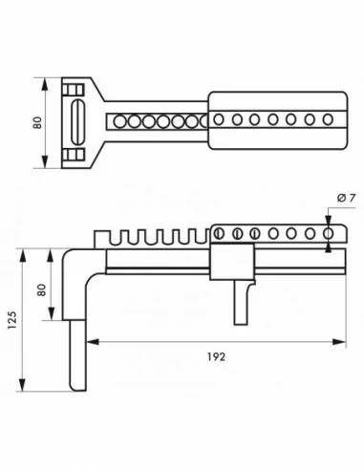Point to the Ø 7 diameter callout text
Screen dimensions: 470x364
pos(346,197)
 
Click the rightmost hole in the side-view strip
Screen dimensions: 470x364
pos(330,233)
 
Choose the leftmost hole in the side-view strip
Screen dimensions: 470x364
pos(217,233)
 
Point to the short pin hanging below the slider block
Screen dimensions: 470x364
pos(237,301)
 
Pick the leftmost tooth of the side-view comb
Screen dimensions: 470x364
pos(103,236)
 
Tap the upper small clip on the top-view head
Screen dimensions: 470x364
pos(69,90)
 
